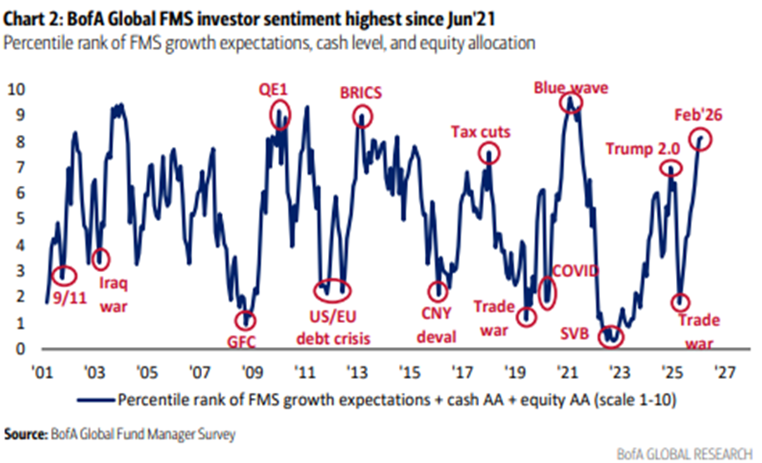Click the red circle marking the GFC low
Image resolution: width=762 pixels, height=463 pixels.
click(x=245, y=320)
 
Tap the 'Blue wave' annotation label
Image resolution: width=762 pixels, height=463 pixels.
click(x=571, y=88)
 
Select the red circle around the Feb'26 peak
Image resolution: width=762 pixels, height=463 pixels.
click(x=699, y=139)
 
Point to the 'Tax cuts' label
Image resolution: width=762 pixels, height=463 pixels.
click(x=481, y=132)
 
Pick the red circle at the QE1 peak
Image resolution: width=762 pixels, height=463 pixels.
click(x=280, y=112)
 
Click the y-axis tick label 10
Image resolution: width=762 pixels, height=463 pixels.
click(x=17, y=89)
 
